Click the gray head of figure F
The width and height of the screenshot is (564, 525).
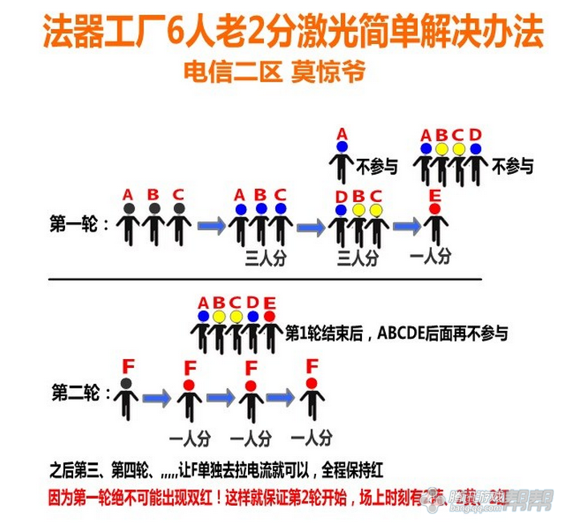126,384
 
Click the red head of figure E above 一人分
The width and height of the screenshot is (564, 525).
435,209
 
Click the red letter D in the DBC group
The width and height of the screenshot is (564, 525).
341,196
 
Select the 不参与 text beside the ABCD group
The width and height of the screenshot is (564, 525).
512,166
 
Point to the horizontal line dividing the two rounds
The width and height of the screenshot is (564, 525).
265,279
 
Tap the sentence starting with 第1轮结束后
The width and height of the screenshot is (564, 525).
396,332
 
